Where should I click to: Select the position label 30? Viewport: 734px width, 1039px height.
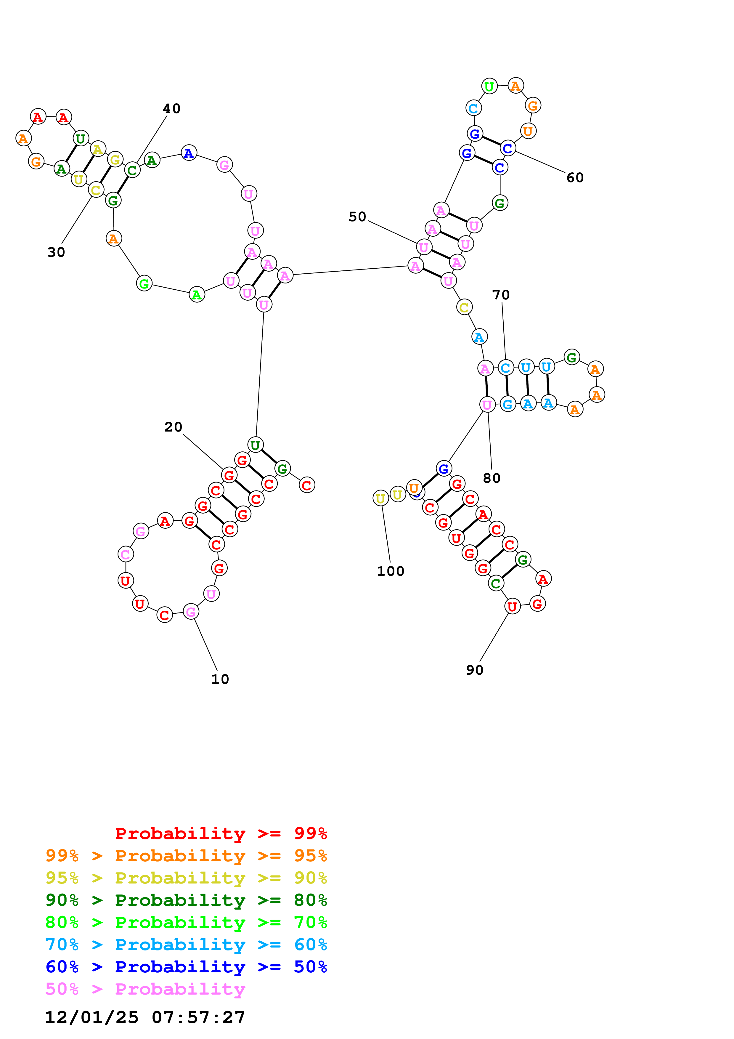pyautogui.click(x=56, y=252)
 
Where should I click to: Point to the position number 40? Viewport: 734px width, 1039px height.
pyautogui.click(x=171, y=109)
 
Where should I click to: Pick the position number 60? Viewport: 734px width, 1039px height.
pyautogui.click(x=575, y=178)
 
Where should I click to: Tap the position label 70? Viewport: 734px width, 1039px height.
pyautogui.click(x=501, y=295)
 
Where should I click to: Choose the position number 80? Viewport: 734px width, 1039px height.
pyautogui.click(x=492, y=478)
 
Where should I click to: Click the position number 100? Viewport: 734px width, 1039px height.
pyautogui.click(x=390, y=571)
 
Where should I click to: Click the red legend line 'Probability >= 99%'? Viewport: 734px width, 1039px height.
pyautogui.click(x=221, y=833)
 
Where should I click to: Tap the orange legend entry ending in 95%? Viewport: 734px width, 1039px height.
pyautogui.click(x=186, y=855)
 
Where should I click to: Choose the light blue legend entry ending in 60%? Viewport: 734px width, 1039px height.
pyautogui.click(x=186, y=945)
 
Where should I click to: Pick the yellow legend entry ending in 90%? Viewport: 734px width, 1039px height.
pyautogui.click(x=186, y=878)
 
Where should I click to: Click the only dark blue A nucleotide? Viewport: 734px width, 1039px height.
pyautogui.click(x=189, y=153)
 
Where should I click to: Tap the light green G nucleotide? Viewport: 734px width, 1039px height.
pyautogui.click(x=144, y=284)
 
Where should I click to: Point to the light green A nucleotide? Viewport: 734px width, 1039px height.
pyautogui.click(x=196, y=295)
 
